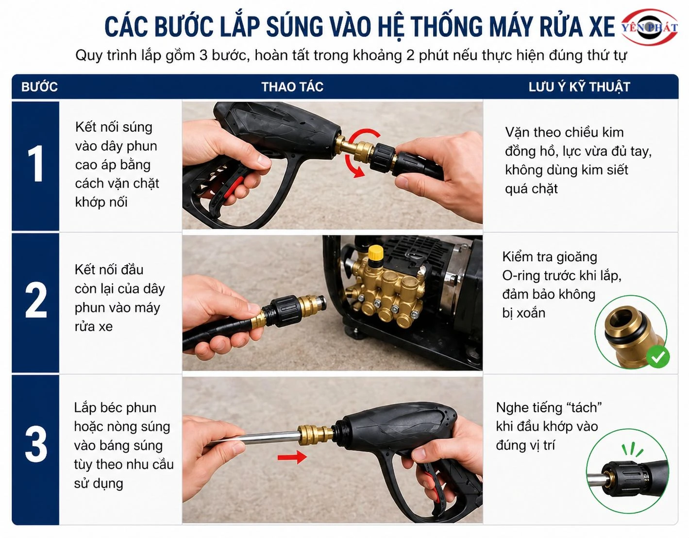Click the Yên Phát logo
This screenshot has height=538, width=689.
pos(650,27)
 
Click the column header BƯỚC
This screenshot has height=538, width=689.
pos(39,87)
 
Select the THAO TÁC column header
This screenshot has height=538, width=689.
pos(292,87)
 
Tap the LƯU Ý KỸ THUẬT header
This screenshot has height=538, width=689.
pos(579,87)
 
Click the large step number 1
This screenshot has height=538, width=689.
pos(35,165)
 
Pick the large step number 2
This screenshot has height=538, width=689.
pos(35,302)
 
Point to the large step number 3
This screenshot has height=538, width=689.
pos(35,444)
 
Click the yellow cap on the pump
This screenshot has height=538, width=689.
pos(375,252)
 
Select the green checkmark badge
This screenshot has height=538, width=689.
pos(658,357)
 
